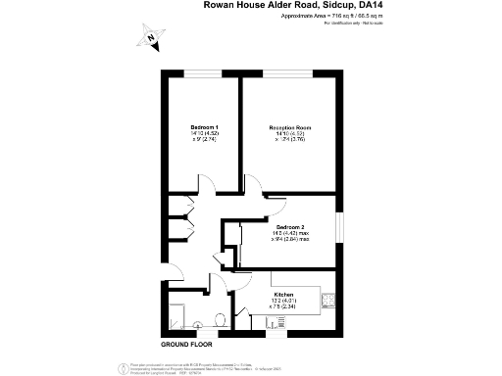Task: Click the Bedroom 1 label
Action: point(204,127)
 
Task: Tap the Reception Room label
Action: point(290,127)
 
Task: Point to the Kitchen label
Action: point(284,294)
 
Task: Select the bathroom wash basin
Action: point(200,324)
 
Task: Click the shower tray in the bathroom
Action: point(177,315)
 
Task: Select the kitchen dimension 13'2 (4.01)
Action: point(283,301)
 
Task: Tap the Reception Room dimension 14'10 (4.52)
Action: point(290,134)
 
